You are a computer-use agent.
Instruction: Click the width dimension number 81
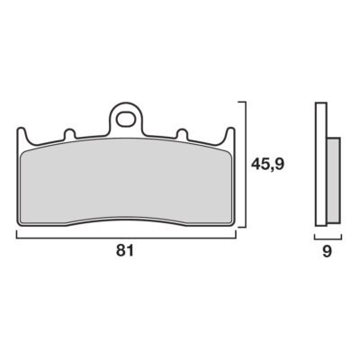pyautogui.click(x=125, y=250)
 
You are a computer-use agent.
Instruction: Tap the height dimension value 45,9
pyautogui.click(x=268, y=165)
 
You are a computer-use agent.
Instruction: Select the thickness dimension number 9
pyautogui.click(x=327, y=251)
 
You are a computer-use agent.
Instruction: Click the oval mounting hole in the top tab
pyautogui.click(x=126, y=120)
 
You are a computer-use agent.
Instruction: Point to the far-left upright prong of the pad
pyautogui.click(x=22, y=136)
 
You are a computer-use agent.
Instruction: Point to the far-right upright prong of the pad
pyautogui.click(x=229, y=136)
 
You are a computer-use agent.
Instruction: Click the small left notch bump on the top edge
pyautogui.click(x=69, y=134)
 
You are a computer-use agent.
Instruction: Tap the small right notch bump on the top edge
pyautogui.click(x=182, y=134)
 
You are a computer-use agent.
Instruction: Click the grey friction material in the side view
pyautogui.click(x=333, y=180)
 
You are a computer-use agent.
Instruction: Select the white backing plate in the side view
pyautogui.click(x=321, y=164)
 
